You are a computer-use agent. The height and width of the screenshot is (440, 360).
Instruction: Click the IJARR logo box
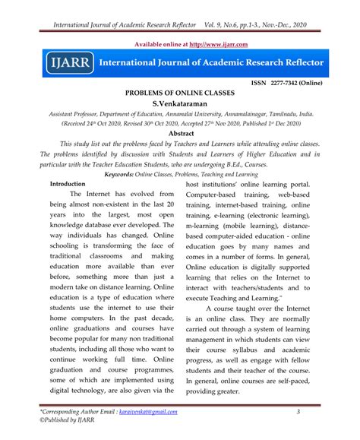(67, 60)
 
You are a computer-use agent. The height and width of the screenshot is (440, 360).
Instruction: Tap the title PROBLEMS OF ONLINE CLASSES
(180, 91)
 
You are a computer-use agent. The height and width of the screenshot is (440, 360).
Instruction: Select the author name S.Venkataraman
(180, 102)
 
